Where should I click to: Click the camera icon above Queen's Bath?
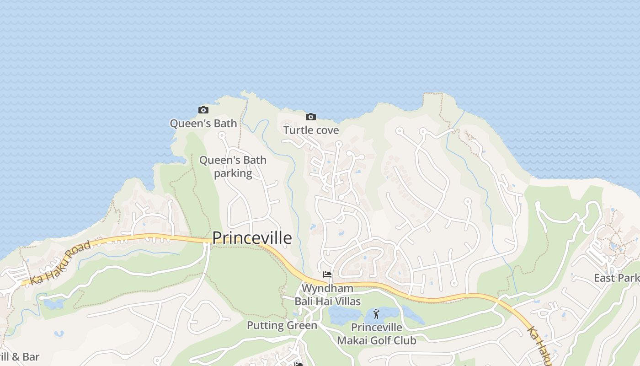(203, 110)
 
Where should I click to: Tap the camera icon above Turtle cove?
(311, 117)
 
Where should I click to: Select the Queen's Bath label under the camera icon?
(203, 124)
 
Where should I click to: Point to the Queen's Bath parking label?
(233, 167)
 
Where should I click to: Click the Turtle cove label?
(311, 130)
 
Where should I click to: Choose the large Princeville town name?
(252, 238)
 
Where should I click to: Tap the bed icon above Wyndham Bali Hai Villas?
(327, 274)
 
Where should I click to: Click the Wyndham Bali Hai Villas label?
(327, 295)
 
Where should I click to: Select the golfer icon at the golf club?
(376, 314)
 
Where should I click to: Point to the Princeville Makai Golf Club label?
(377, 334)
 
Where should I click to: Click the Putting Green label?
(282, 325)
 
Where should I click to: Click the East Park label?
(616, 278)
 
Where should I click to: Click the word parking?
(233, 173)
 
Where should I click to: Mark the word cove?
(326, 130)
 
